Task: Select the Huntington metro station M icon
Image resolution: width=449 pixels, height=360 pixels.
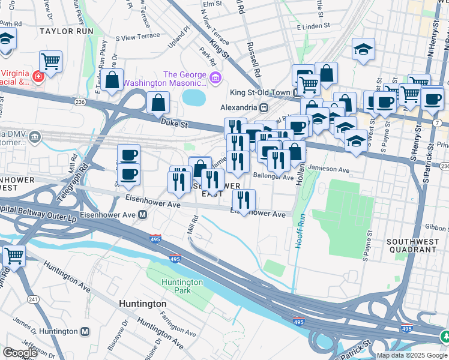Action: tap(85, 331)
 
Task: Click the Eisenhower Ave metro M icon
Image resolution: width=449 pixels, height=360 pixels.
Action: tap(143, 215)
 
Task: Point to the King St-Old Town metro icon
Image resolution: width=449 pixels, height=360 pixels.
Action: tap(296, 93)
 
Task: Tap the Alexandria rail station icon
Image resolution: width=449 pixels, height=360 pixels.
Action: tap(263, 107)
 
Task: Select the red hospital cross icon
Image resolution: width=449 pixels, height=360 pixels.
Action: tap(38, 77)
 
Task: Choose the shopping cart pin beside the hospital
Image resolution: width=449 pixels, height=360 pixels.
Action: tap(51, 61)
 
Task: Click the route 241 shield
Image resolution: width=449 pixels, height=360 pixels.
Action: tap(32, 299)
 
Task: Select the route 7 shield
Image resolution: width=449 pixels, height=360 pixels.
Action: tap(444, 122)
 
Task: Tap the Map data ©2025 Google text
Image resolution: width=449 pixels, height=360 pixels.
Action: tap(411, 355)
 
